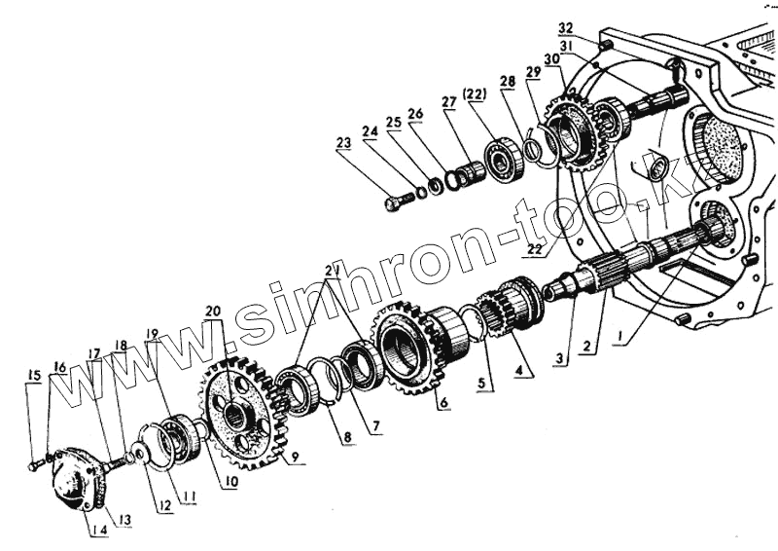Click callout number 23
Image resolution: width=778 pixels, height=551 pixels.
[343, 143]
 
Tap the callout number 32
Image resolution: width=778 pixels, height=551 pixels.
[593, 27]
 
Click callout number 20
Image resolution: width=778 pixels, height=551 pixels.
[213, 312]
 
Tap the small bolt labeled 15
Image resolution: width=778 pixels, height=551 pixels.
[34, 466]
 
